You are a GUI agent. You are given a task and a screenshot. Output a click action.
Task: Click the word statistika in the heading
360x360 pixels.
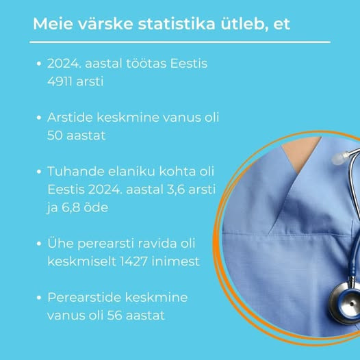tap(177, 23)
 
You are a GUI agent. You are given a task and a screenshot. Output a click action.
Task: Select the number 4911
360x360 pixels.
tap(60, 81)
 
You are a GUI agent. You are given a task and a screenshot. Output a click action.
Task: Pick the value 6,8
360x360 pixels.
tap(70, 207)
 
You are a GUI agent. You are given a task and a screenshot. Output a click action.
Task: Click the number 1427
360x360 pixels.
tap(134, 261)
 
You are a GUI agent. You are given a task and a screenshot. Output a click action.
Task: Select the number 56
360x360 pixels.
tap(114, 316)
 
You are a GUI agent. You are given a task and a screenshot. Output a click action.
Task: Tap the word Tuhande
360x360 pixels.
tap(76, 171)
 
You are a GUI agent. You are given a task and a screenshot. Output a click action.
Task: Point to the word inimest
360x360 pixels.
tap(176, 261)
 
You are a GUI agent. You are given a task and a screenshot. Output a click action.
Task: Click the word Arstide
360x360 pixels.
tap(69, 117)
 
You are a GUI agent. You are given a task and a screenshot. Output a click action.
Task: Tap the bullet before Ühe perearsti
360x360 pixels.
tap(39, 244)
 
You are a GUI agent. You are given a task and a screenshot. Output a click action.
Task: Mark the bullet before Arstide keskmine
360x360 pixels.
tap(39, 118)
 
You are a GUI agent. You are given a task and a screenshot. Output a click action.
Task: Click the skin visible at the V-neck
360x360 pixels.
tap(300, 152)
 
